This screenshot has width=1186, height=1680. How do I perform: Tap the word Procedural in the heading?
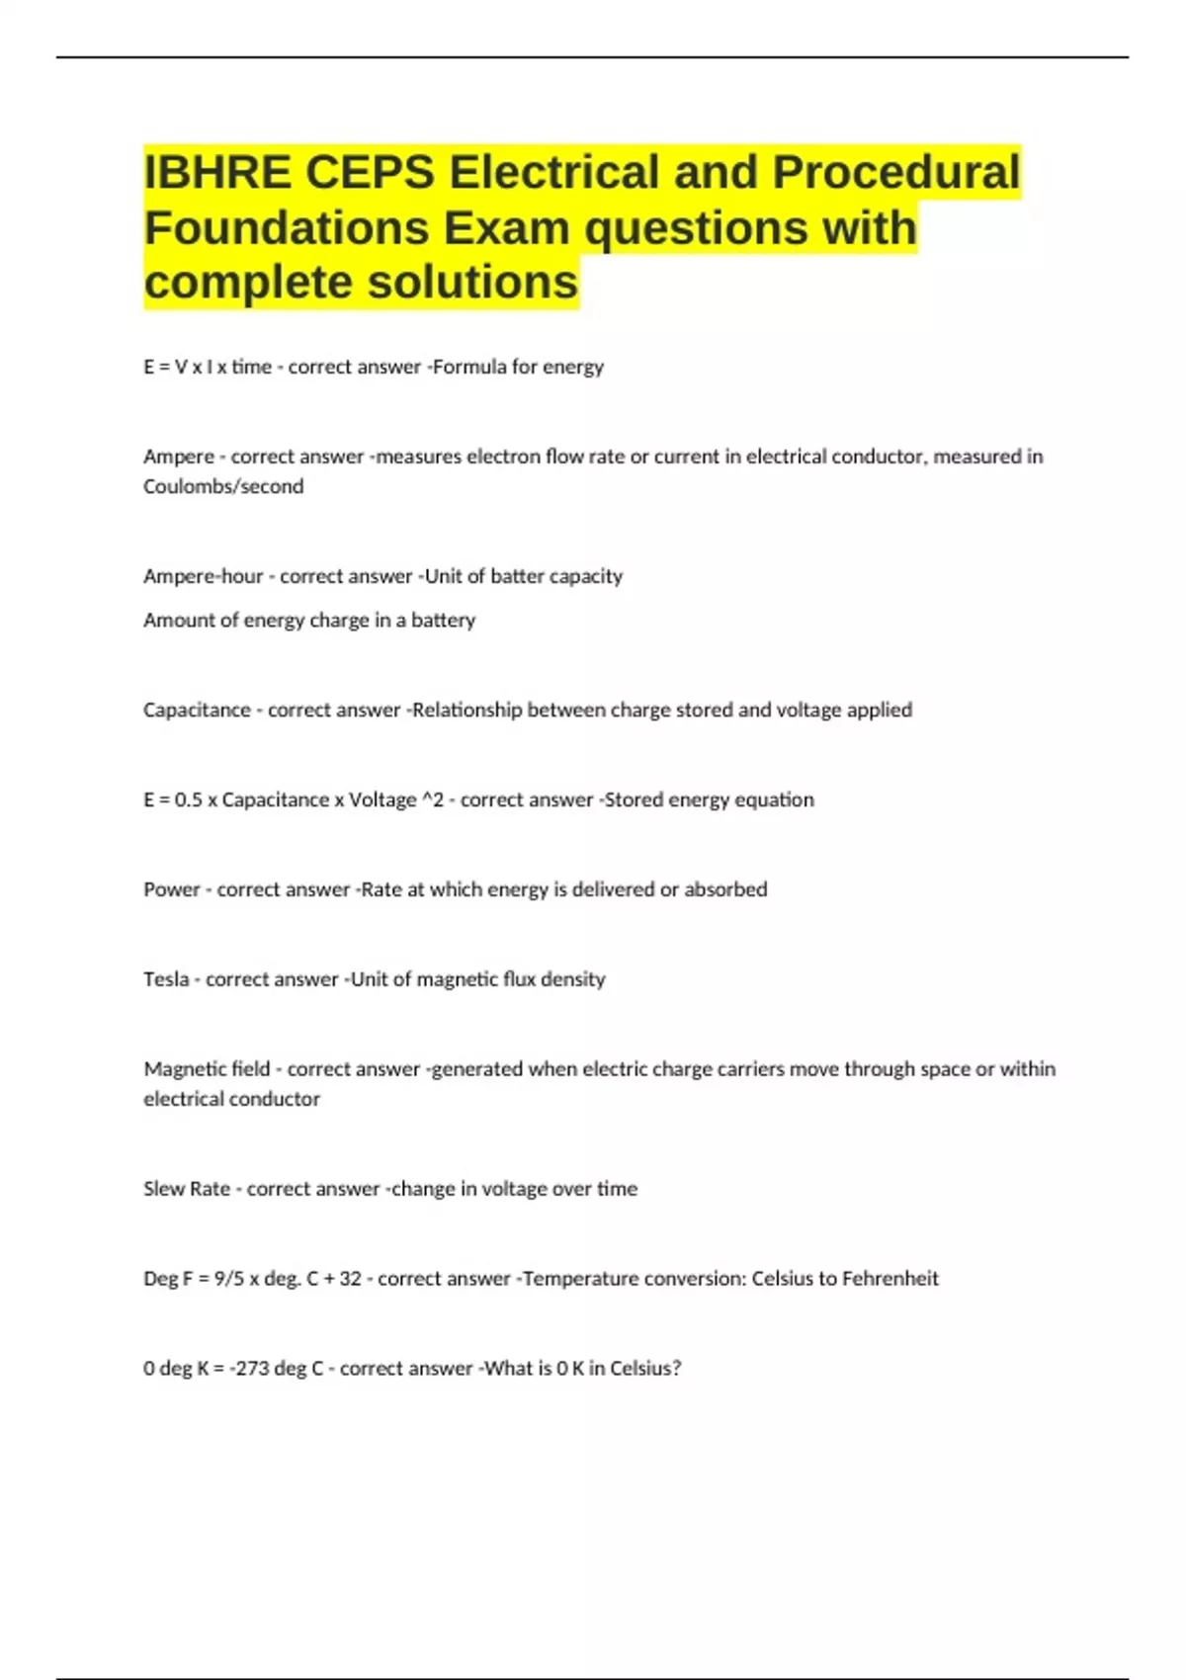pyautogui.click(x=895, y=172)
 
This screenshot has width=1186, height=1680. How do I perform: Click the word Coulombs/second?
pyautogui.click(x=223, y=486)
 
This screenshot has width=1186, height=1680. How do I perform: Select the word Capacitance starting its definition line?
pyautogui.click(x=197, y=710)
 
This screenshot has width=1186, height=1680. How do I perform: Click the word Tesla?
pyautogui.click(x=166, y=979)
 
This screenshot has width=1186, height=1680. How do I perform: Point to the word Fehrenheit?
pyautogui.click(x=889, y=1279)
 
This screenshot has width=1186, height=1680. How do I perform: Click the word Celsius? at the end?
pyautogui.click(x=645, y=1369)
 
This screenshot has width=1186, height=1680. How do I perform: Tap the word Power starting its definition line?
pyautogui.click(x=172, y=889)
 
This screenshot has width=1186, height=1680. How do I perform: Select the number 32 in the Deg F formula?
pyautogui.click(x=350, y=1279)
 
